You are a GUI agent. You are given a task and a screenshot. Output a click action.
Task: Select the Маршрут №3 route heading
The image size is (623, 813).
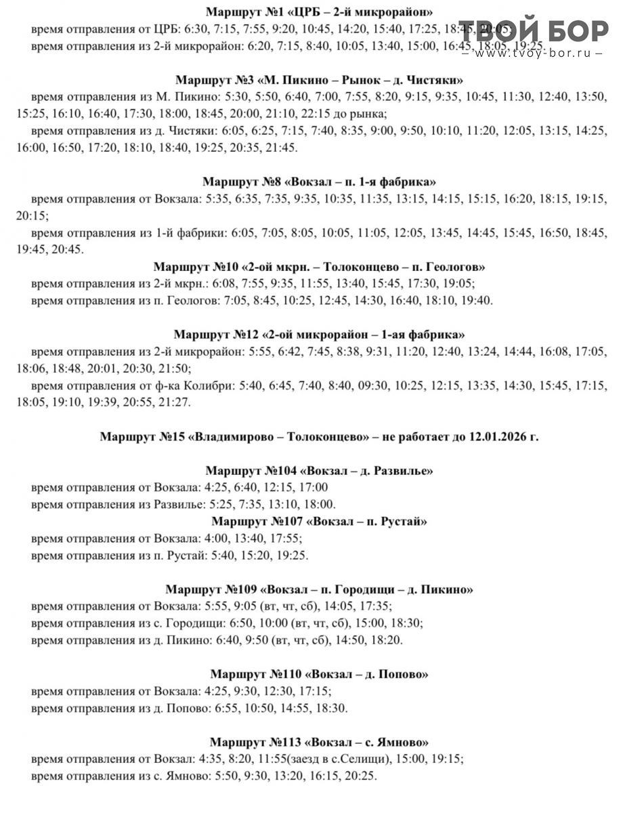pos(319,79)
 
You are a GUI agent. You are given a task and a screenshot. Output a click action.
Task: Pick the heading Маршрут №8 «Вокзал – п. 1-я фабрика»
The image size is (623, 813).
pos(319,182)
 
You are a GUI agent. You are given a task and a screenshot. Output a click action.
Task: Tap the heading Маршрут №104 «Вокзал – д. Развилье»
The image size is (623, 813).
pos(319,471)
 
